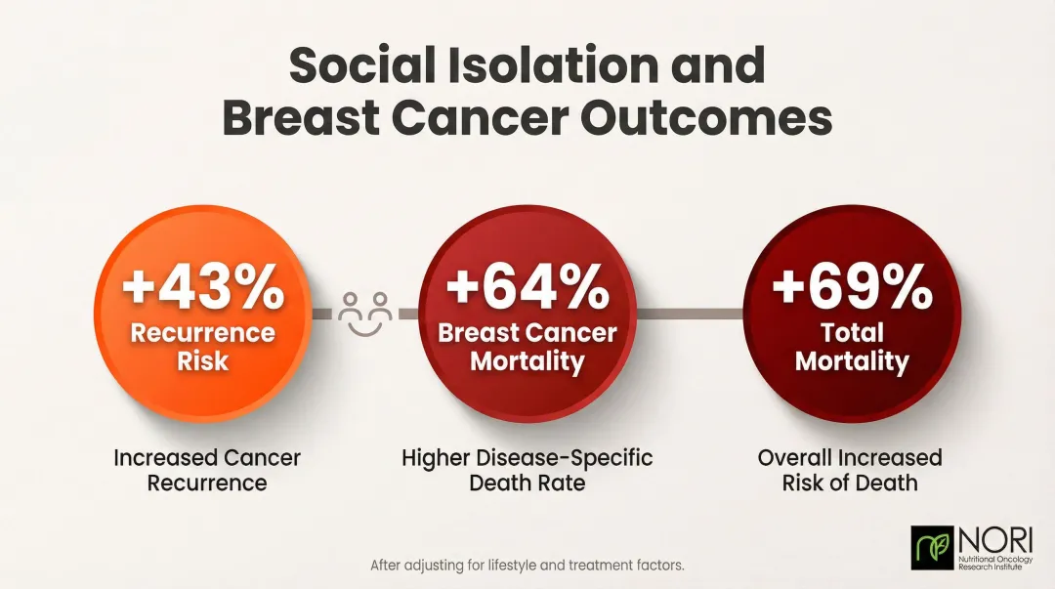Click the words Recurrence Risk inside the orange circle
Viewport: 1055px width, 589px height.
click(x=203, y=346)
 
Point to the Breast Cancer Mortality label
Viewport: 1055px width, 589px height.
click(x=527, y=346)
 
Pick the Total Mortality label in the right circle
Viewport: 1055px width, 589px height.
click(x=852, y=346)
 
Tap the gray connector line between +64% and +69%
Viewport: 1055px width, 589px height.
click(x=690, y=313)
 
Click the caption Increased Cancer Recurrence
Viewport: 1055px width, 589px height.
click(x=207, y=469)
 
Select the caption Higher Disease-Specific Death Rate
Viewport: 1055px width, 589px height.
click(x=527, y=469)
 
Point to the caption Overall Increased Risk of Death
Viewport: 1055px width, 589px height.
click(x=850, y=469)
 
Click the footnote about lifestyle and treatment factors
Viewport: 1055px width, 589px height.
click(x=527, y=565)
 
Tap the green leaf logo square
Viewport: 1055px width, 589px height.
click(x=931, y=548)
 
